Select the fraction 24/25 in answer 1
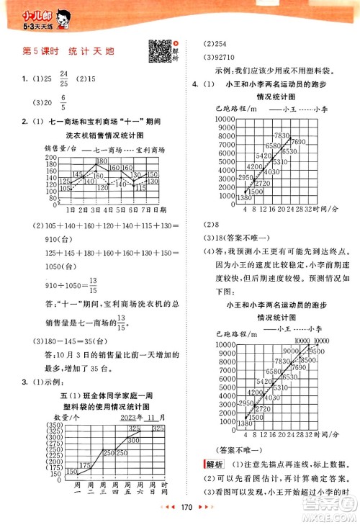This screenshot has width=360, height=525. pos(63,78)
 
